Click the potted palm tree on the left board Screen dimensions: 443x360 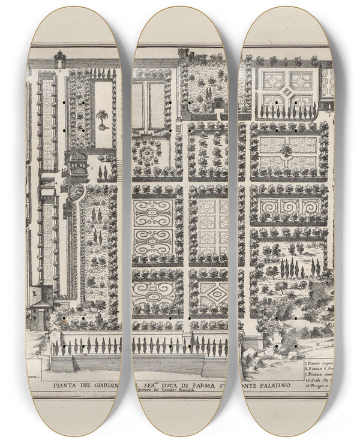[x=103, y=118]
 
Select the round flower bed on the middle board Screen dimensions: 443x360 [x=146, y=152]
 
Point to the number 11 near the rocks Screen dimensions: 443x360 [x=317, y=345]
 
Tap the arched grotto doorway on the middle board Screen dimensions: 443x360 [x=217, y=103]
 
